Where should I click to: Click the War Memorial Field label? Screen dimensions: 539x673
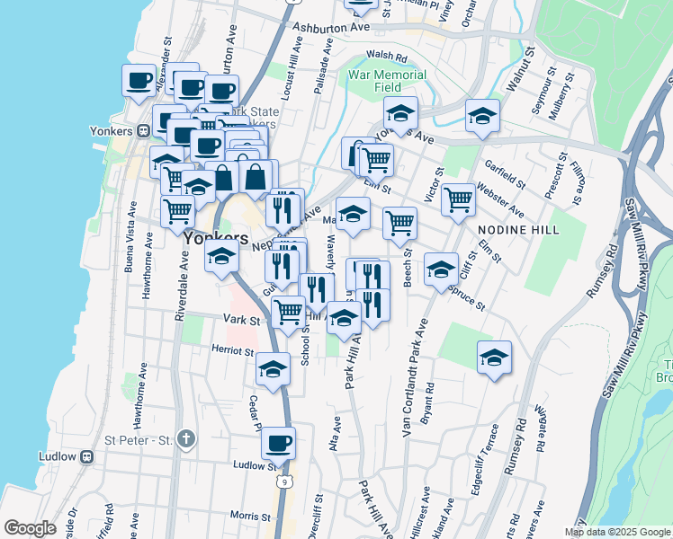pos(388,81)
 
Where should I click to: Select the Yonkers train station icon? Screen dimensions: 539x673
pos(143,130)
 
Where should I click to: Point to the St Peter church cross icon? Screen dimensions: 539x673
pos(185,439)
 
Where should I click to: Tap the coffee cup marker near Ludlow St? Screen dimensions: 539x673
pos(279,442)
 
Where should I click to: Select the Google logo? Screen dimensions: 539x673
pos(30,528)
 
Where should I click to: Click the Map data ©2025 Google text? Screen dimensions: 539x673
pos(617,532)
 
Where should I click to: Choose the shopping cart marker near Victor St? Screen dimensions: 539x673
pos(458,199)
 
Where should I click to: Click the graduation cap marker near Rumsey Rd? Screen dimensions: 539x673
pos(494,357)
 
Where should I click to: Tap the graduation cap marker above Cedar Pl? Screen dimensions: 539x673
pos(274,367)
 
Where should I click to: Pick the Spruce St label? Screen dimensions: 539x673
pos(467,300)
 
